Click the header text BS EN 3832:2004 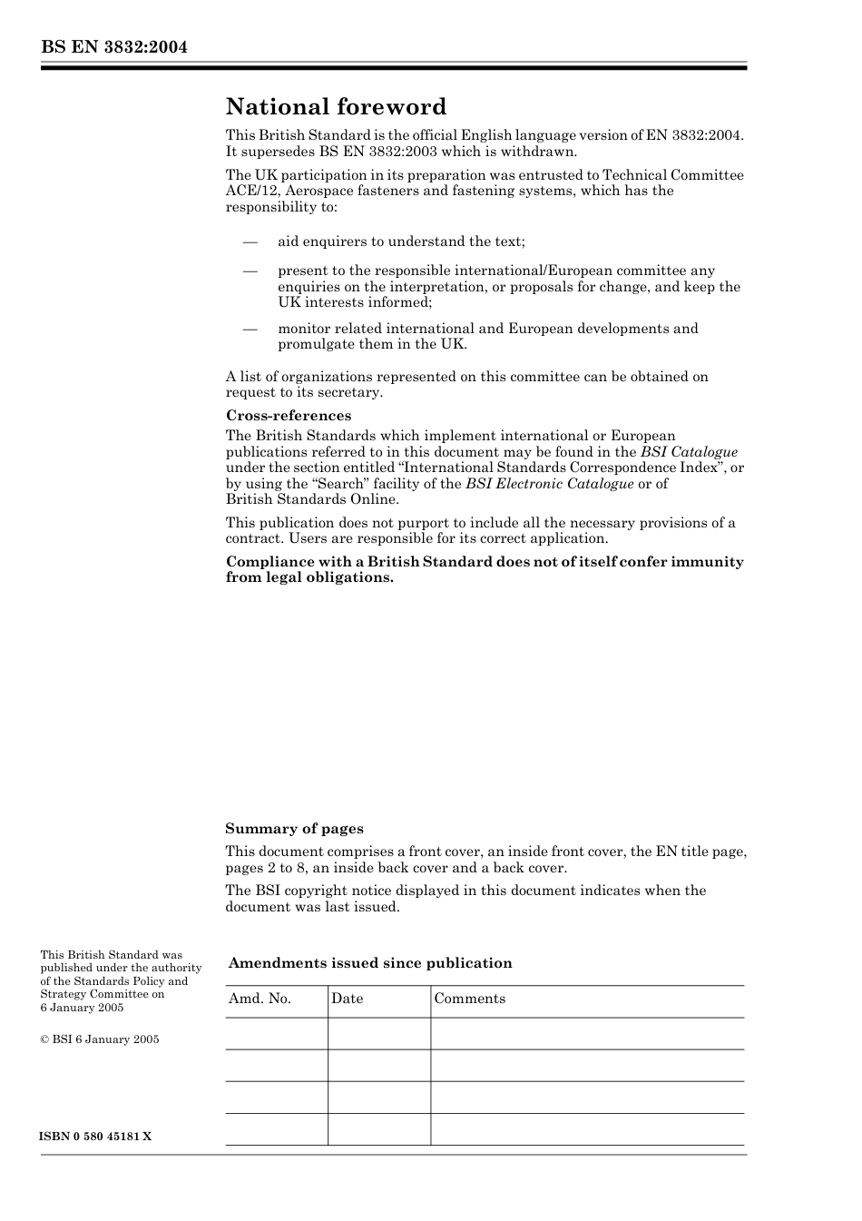pyautogui.click(x=113, y=47)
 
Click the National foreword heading pyautogui.click(x=336, y=107)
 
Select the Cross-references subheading pyautogui.click(x=288, y=416)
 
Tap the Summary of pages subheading pyautogui.click(x=294, y=829)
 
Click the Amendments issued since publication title pyautogui.click(x=370, y=963)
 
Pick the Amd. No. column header pyautogui.click(x=260, y=999)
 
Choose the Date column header pyautogui.click(x=347, y=999)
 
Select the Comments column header pyautogui.click(x=469, y=999)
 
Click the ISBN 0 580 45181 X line pyautogui.click(x=95, y=1137)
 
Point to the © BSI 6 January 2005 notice pyautogui.click(x=99, y=1039)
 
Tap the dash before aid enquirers pyautogui.click(x=250, y=241)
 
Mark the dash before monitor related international pyautogui.click(x=250, y=329)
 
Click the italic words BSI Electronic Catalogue pyautogui.click(x=549, y=484)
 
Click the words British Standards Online pyautogui.click(x=311, y=499)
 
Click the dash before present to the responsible pyautogui.click(x=250, y=271)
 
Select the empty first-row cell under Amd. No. pyautogui.click(x=276, y=1033)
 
